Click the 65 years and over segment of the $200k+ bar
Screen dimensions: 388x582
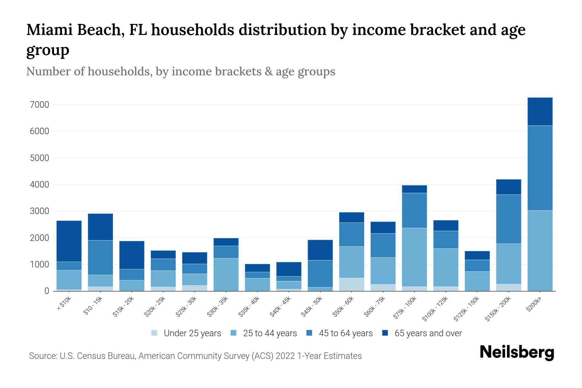tap(540, 112)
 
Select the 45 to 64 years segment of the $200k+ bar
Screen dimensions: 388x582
tap(540, 168)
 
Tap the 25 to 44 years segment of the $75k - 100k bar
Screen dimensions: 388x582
tap(414, 257)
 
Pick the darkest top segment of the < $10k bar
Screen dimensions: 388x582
tap(69, 241)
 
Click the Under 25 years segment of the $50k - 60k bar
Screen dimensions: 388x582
tap(351, 284)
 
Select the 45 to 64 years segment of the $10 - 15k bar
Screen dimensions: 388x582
tap(100, 257)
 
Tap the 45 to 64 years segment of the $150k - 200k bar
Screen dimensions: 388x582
tap(508, 219)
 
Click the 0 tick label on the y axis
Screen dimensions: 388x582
tap(47, 291)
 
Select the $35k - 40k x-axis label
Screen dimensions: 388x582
tap(249, 307)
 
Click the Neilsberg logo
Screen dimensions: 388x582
tap(517, 353)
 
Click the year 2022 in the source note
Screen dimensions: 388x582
tap(285, 356)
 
